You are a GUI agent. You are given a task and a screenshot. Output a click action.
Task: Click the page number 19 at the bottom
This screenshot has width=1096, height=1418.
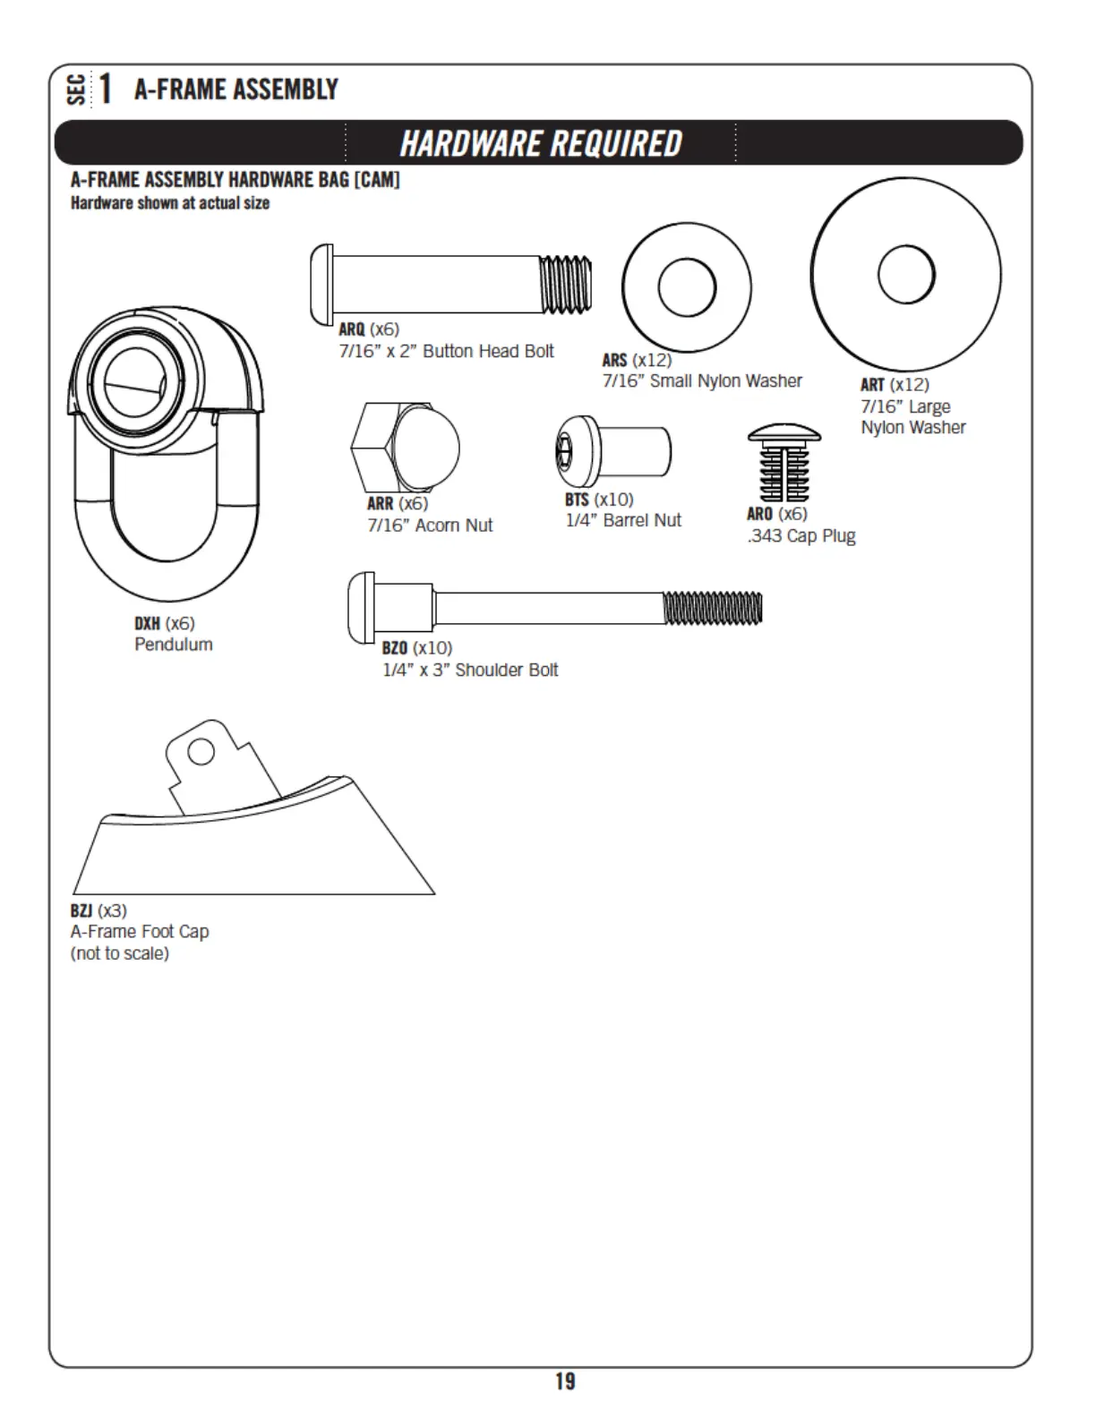(565, 1381)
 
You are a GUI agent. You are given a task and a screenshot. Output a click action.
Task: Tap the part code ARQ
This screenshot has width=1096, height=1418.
(351, 329)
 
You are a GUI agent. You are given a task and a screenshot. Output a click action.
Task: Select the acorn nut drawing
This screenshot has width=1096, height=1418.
(406, 448)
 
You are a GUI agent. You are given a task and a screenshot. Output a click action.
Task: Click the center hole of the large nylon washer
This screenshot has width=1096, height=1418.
(906, 274)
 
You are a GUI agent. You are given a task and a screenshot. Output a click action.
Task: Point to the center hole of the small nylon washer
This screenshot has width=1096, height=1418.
(687, 287)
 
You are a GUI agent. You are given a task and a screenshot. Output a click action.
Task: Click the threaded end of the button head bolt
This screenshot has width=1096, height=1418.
(566, 285)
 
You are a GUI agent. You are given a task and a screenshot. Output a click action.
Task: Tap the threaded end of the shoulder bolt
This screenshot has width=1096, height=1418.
(713, 609)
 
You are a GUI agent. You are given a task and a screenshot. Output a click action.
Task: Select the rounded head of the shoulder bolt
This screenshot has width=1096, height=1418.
(361, 609)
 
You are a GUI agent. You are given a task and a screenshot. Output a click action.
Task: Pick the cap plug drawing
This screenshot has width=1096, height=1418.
(783, 463)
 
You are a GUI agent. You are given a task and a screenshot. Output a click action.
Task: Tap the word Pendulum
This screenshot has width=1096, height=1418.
(174, 645)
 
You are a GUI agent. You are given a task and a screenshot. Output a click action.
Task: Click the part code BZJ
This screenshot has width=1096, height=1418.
(81, 910)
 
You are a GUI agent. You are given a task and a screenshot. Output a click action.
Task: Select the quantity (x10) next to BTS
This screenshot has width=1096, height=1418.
(613, 500)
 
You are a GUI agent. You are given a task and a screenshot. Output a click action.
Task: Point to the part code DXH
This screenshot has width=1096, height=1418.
(147, 623)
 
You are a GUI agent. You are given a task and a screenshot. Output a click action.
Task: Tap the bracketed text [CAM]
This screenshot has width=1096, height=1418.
(377, 179)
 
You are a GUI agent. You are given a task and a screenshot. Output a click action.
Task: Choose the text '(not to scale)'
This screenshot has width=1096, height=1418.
(120, 953)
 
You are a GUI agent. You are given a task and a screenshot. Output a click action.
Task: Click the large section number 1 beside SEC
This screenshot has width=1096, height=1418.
(106, 89)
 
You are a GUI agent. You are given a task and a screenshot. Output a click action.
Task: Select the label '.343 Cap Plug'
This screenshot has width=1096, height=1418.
(801, 536)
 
